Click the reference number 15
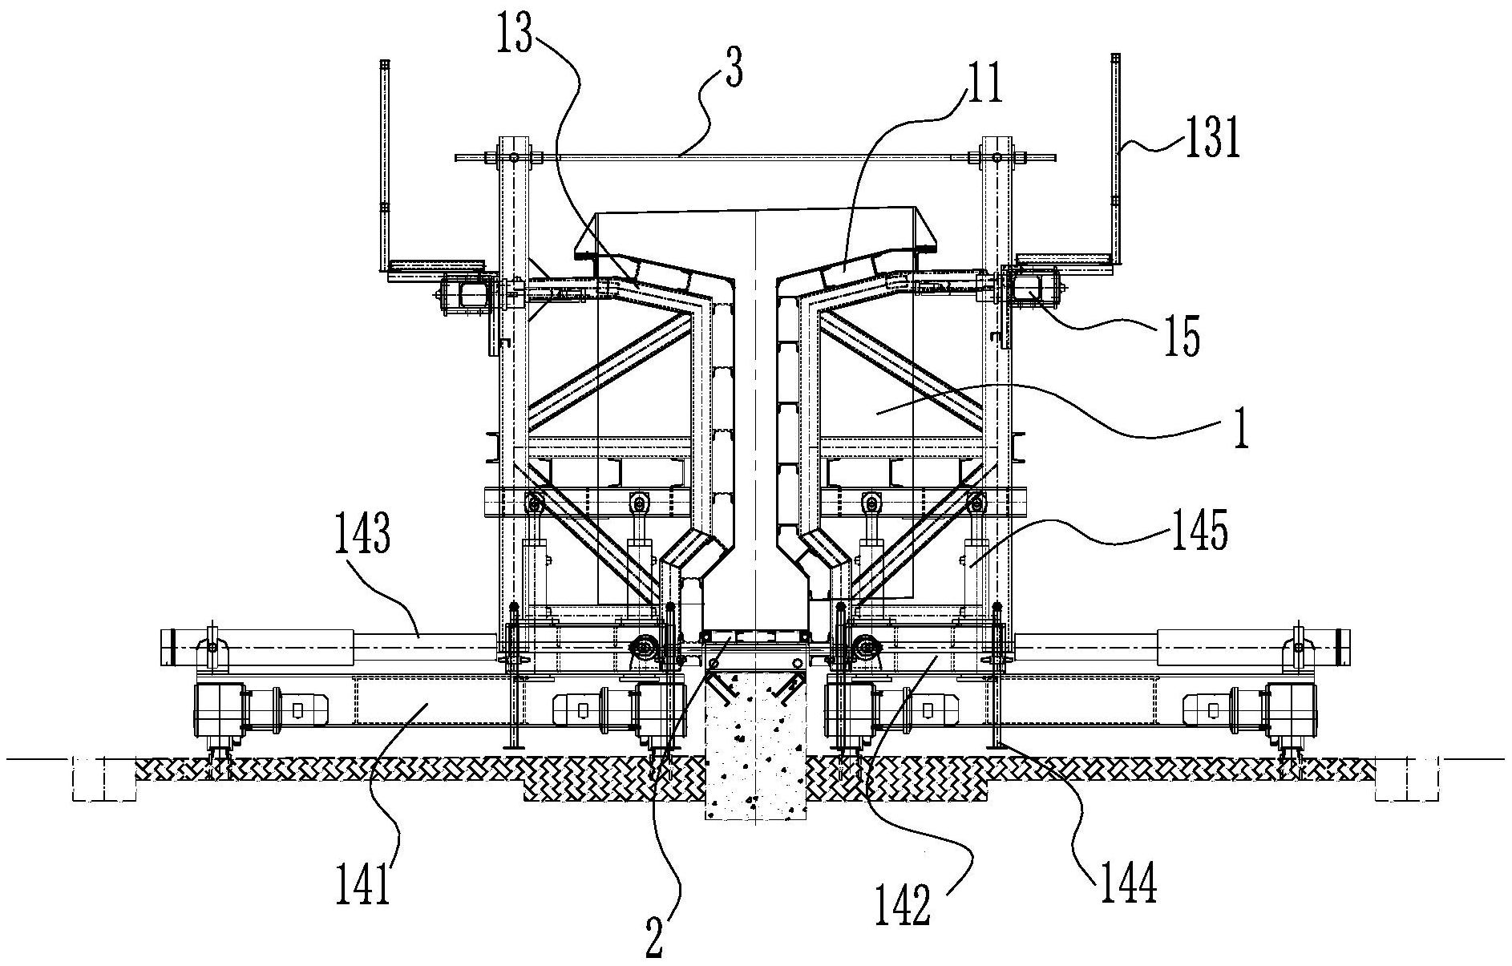pyautogui.click(x=1182, y=337)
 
